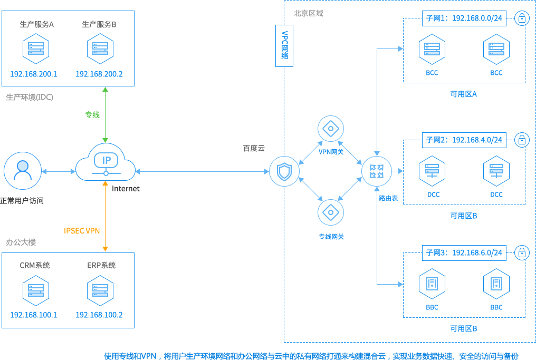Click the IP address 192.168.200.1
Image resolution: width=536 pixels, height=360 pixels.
[34, 74]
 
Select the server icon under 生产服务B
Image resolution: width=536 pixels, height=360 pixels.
[100, 49]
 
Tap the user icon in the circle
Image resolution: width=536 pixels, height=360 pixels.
[22, 171]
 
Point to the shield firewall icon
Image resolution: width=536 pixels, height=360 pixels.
[284, 171]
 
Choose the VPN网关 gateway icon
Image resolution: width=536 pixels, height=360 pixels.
[331, 128]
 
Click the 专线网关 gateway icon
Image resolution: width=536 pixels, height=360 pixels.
[331, 212]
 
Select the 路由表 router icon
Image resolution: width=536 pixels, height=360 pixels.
[377, 171]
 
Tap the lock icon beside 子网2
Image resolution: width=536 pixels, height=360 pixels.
[522, 140]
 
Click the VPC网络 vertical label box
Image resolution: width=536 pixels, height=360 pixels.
[284, 45]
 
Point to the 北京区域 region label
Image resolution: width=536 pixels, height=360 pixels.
[309, 13]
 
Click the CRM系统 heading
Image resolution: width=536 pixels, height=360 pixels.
[35, 265]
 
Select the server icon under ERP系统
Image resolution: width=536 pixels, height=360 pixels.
[100, 290]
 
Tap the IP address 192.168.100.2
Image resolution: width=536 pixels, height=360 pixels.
[99, 315]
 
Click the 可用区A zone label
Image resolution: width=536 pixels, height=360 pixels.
[464, 94]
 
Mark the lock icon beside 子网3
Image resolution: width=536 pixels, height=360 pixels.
[522, 252]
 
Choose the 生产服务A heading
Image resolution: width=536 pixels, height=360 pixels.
[37, 24]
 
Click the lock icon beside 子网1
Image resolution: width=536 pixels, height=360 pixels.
[522, 18]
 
